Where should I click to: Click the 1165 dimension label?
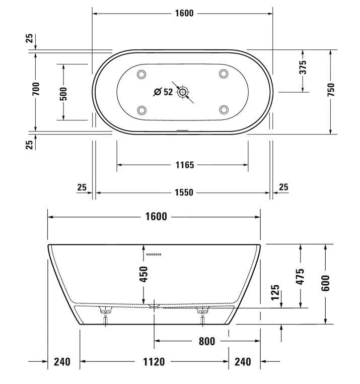[x=184, y=165]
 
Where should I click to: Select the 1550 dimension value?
[x=184, y=193]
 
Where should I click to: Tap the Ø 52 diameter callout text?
[x=163, y=92]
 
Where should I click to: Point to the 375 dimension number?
[x=303, y=68]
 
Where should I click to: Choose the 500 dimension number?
[x=63, y=92]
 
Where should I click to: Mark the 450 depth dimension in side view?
[x=144, y=274]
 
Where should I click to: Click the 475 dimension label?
[x=301, y=277]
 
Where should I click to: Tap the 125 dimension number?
[x=275, y=293]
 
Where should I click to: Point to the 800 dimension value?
[x=206, y=341]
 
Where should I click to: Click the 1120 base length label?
[x=155, y=361]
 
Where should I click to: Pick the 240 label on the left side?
[x=62, y=361]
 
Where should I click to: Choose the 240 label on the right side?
[x=243, y=361]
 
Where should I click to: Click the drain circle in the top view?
[x=183, y=92]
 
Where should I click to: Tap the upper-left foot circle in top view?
[x=141, y=75]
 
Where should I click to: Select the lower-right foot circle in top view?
[x=224, y=109]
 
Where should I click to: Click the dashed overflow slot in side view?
[x=154, y=254]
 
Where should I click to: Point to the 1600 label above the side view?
[x=156, y=217]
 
